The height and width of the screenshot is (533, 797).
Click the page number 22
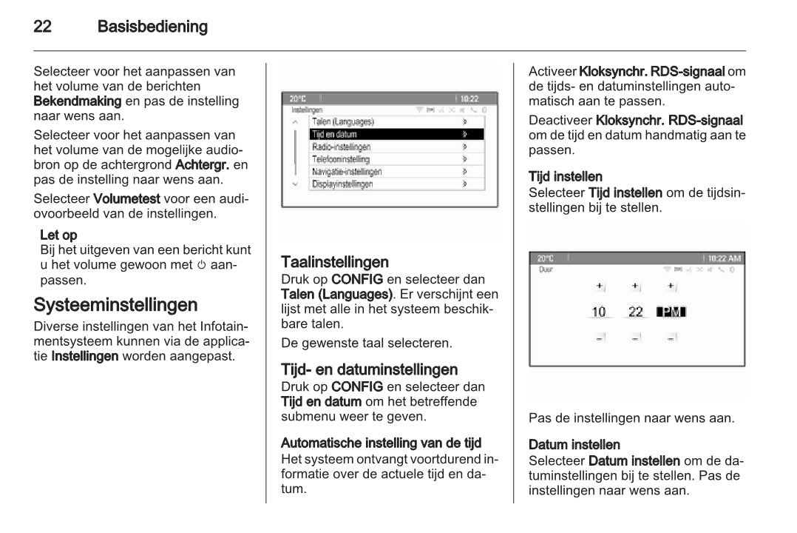tap(42, 27)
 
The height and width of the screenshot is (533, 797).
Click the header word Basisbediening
tap(152, 27)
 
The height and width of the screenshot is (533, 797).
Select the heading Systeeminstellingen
tap(115, 304)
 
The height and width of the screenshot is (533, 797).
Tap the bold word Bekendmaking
tap(78, 100)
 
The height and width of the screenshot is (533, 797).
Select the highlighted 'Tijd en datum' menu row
tap(396, 134)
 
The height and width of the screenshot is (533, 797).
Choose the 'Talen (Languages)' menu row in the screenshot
tap(396, 121)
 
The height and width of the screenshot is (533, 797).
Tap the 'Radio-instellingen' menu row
tap(396, 147)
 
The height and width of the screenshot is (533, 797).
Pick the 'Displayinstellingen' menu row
tap(396, 184)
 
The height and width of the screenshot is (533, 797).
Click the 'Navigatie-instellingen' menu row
tap(396, 172)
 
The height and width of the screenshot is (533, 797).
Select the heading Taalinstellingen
tap(335, 262)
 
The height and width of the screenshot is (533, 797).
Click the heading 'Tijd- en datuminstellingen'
tap(369, 369)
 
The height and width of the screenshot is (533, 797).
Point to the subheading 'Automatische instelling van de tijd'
tap(381, 443)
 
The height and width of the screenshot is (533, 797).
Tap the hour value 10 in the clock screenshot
tap(598, 312)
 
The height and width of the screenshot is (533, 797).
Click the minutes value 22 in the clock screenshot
tap(635, 312)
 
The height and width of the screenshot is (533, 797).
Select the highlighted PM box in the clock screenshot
tap(671, 312)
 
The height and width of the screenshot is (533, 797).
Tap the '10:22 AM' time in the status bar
tap(724, 258)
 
